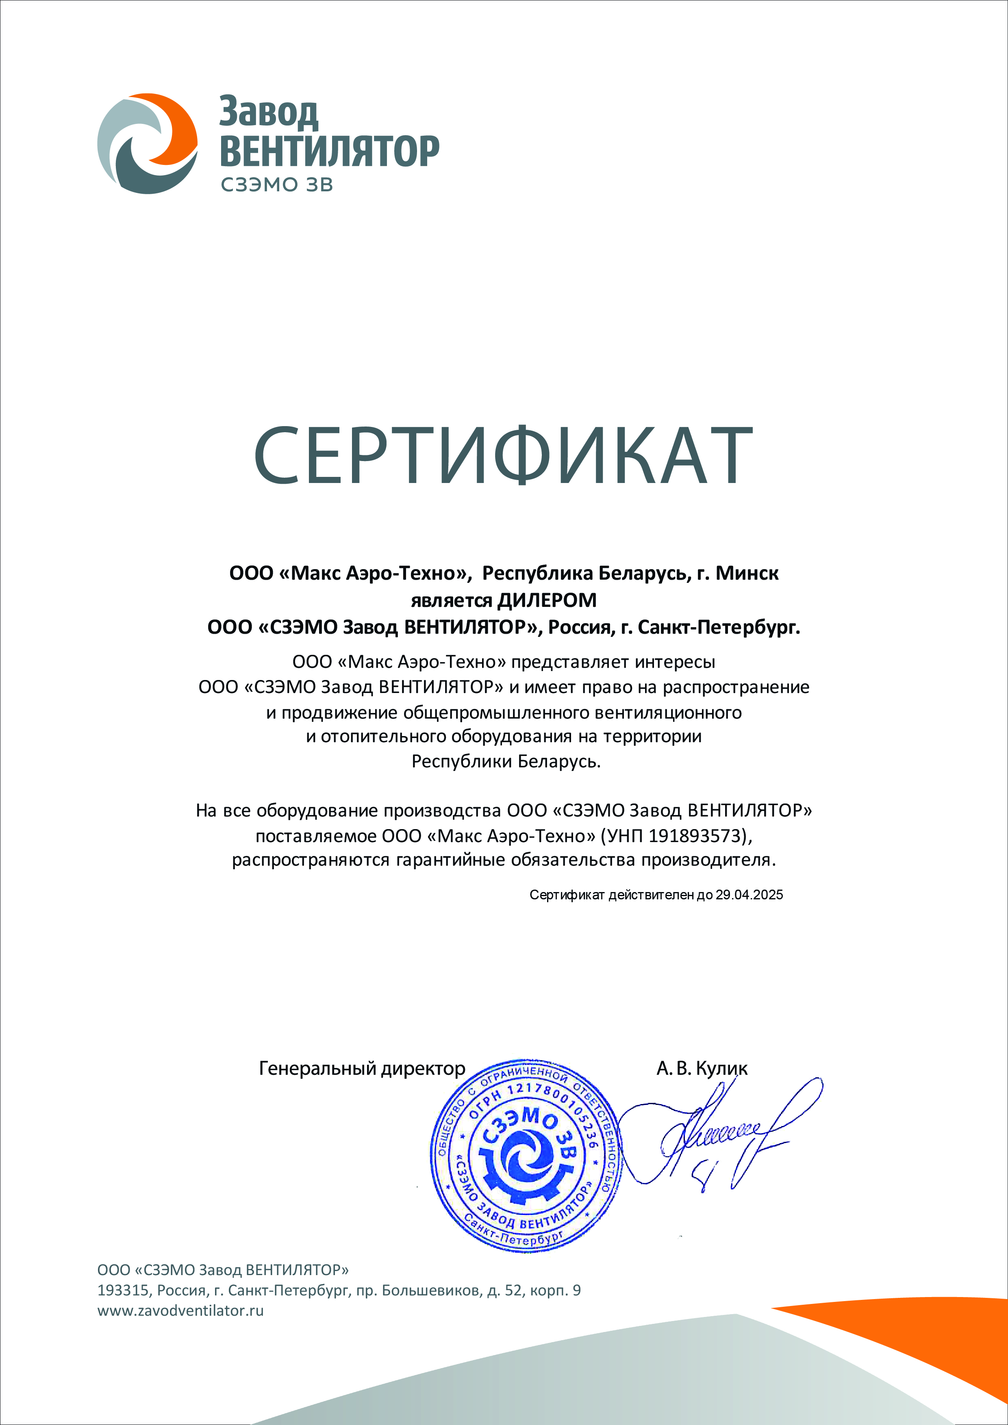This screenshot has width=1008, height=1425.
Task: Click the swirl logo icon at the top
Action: [148, 143]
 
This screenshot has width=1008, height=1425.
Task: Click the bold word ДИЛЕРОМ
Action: [547, 600]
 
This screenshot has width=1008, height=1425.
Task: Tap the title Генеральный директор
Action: [361, 1068]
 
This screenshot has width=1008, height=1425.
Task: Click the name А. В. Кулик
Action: [702, 1068]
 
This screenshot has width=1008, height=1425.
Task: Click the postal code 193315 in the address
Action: [124, 1290]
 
